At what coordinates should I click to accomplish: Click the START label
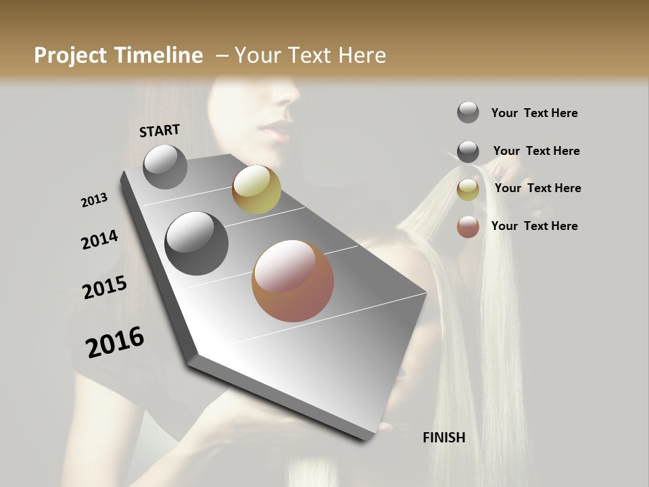tap(160, 130)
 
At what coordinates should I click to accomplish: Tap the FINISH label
tap(443, 438)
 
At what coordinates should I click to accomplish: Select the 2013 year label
tap(94, 200)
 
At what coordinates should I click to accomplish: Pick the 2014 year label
tap(99, 240)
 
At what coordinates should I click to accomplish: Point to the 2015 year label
tap(105, 287)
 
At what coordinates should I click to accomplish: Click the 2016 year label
tap(115, 342)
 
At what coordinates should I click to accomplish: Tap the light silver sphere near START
tap(165, 166)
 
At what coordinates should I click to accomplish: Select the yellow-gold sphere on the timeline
tap(256, 189)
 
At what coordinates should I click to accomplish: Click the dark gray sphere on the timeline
tap(196, 243)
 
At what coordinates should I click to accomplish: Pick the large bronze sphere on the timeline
tap(293, 281)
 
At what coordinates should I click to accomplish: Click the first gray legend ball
tap(468, 112)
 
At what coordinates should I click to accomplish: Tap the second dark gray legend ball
tap(468, 152)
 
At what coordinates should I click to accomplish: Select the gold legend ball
tap(468, 189)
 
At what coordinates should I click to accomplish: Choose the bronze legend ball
tap(468, 227)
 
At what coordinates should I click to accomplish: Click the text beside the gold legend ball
tap(537, 188)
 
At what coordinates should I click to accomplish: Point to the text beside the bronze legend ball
tap(534, 226)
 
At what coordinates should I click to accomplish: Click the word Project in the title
tap(70, 55)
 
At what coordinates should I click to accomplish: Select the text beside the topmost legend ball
tap(534, 113)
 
